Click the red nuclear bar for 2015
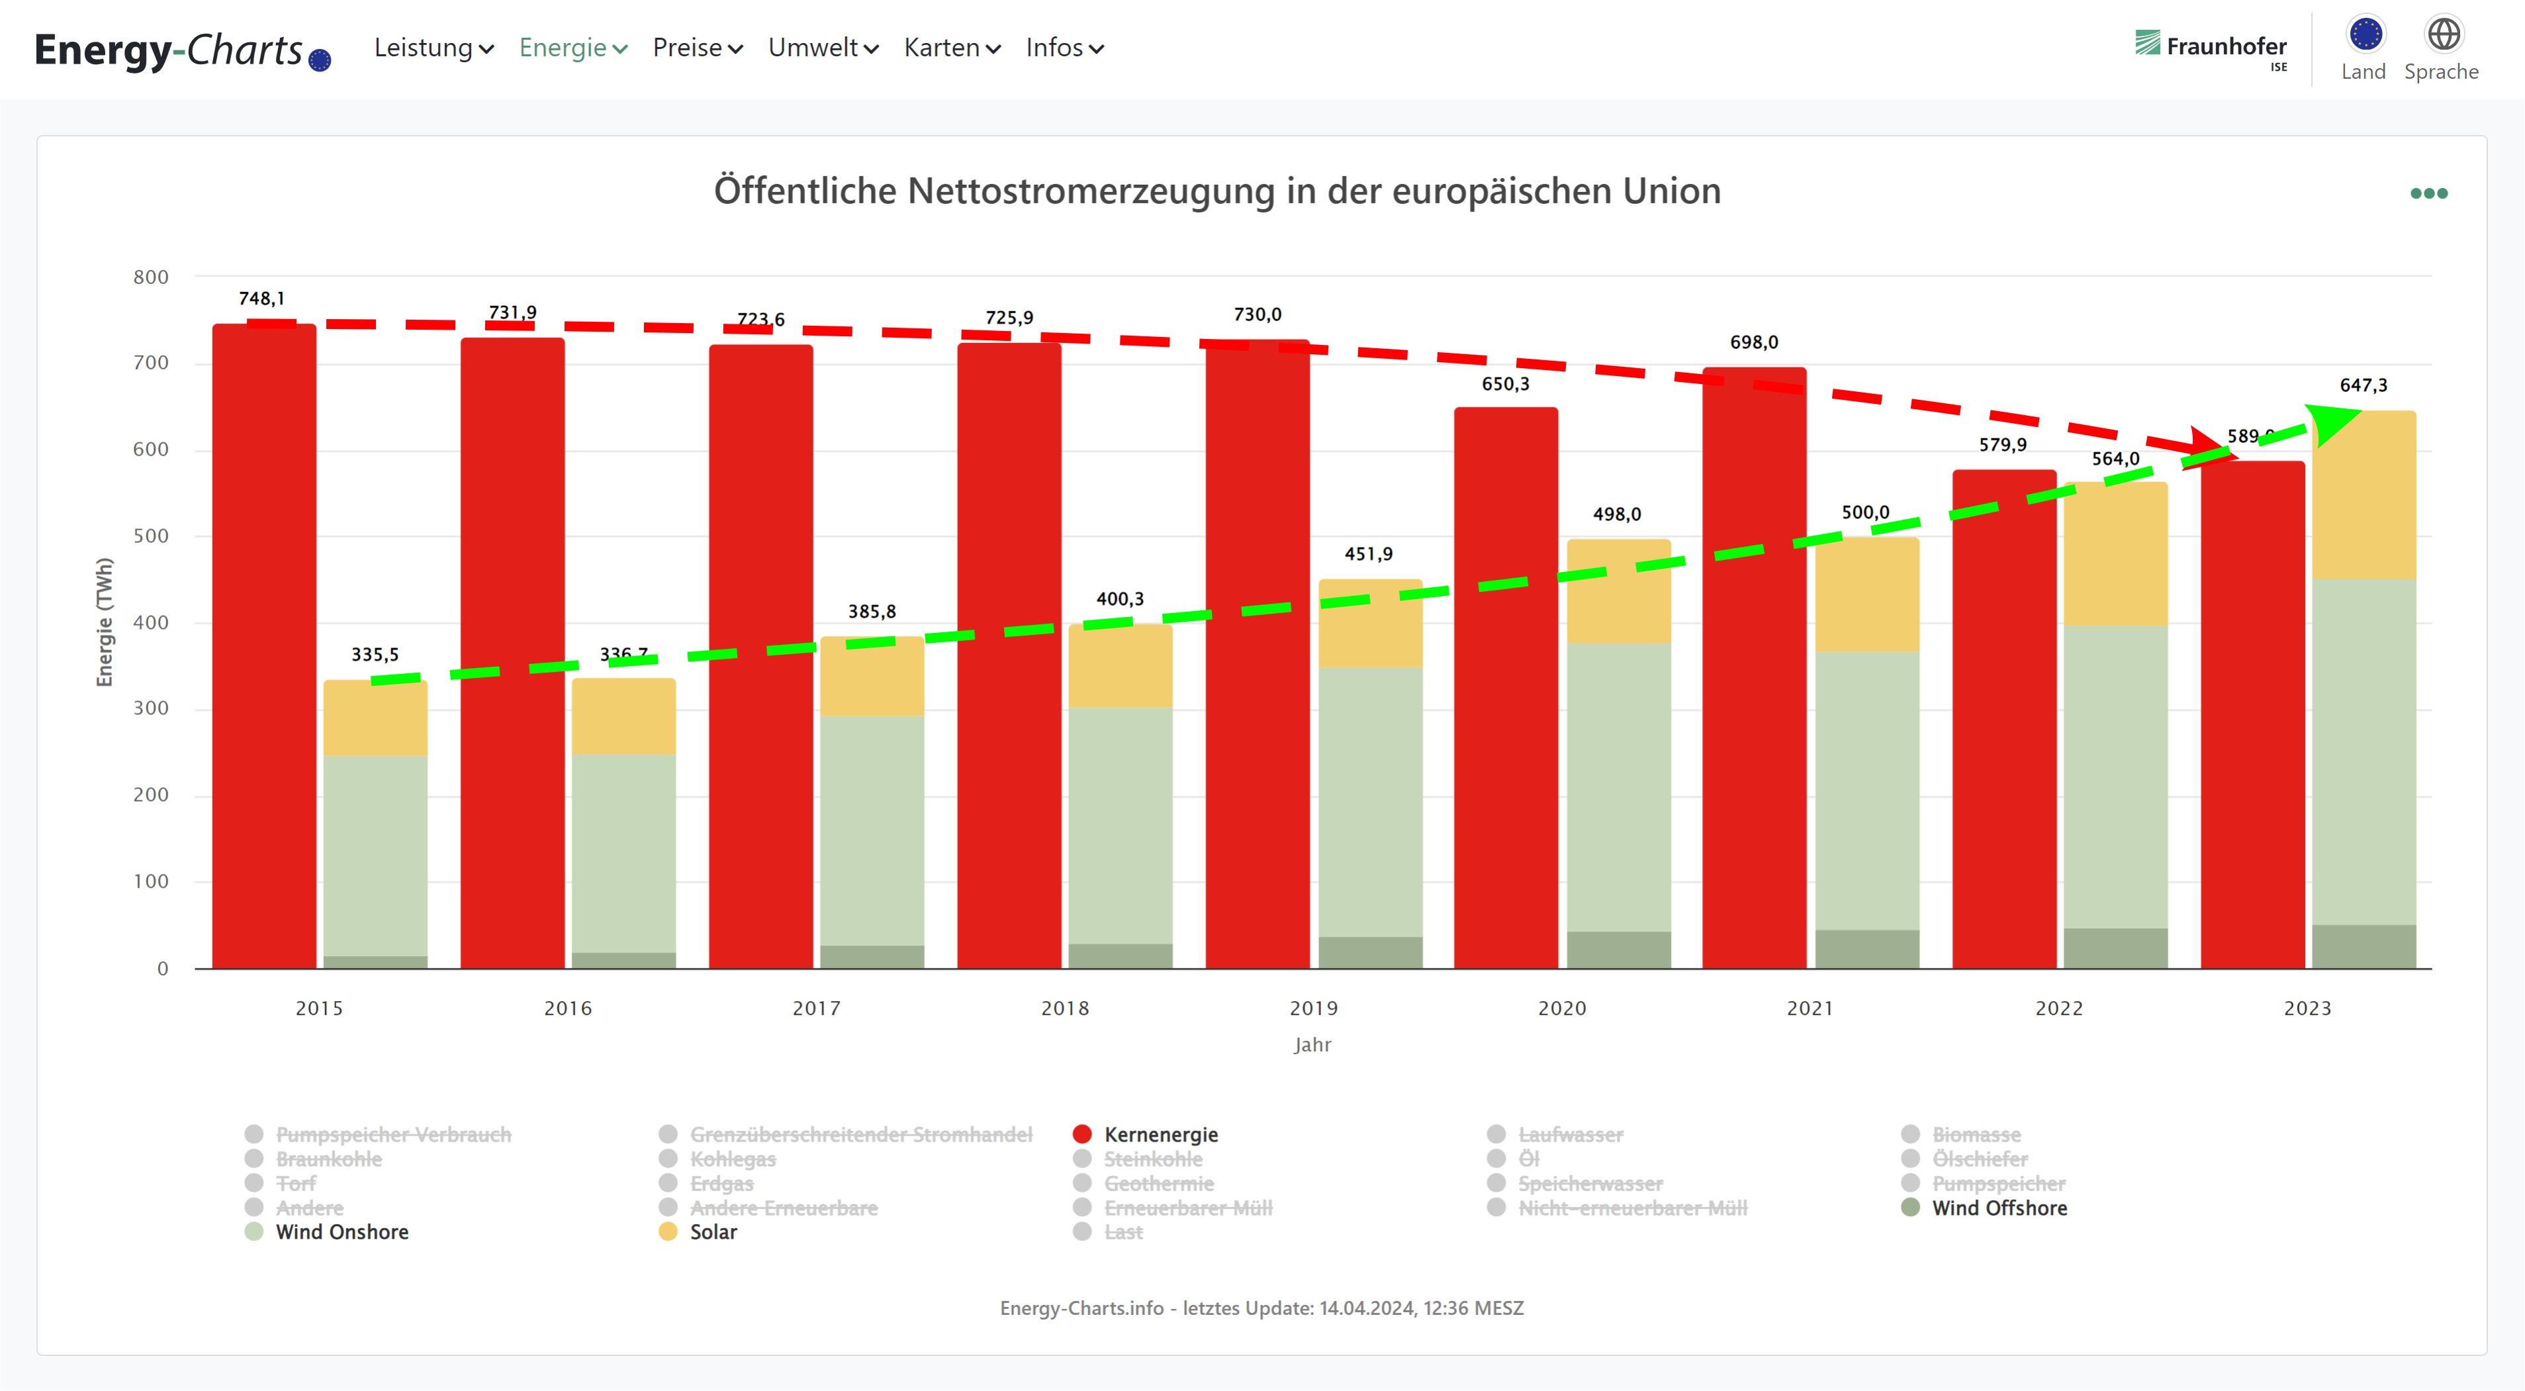point(263,647)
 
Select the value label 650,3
point(1504,384)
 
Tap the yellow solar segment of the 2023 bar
point(2364,496)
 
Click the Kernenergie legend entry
point(1160,1134)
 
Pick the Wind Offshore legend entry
point(1999,1208)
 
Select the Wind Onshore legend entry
point(341,1232)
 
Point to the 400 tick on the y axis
point(151,622)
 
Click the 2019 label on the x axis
point(1312,1008)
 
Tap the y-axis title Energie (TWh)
point(105,622)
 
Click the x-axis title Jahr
point(1312,1045)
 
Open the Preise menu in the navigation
point(697,48)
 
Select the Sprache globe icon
point(2443,34)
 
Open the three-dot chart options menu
point(2428,193)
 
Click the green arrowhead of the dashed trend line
point(2333,422)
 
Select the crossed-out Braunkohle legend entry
point(328,1159)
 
